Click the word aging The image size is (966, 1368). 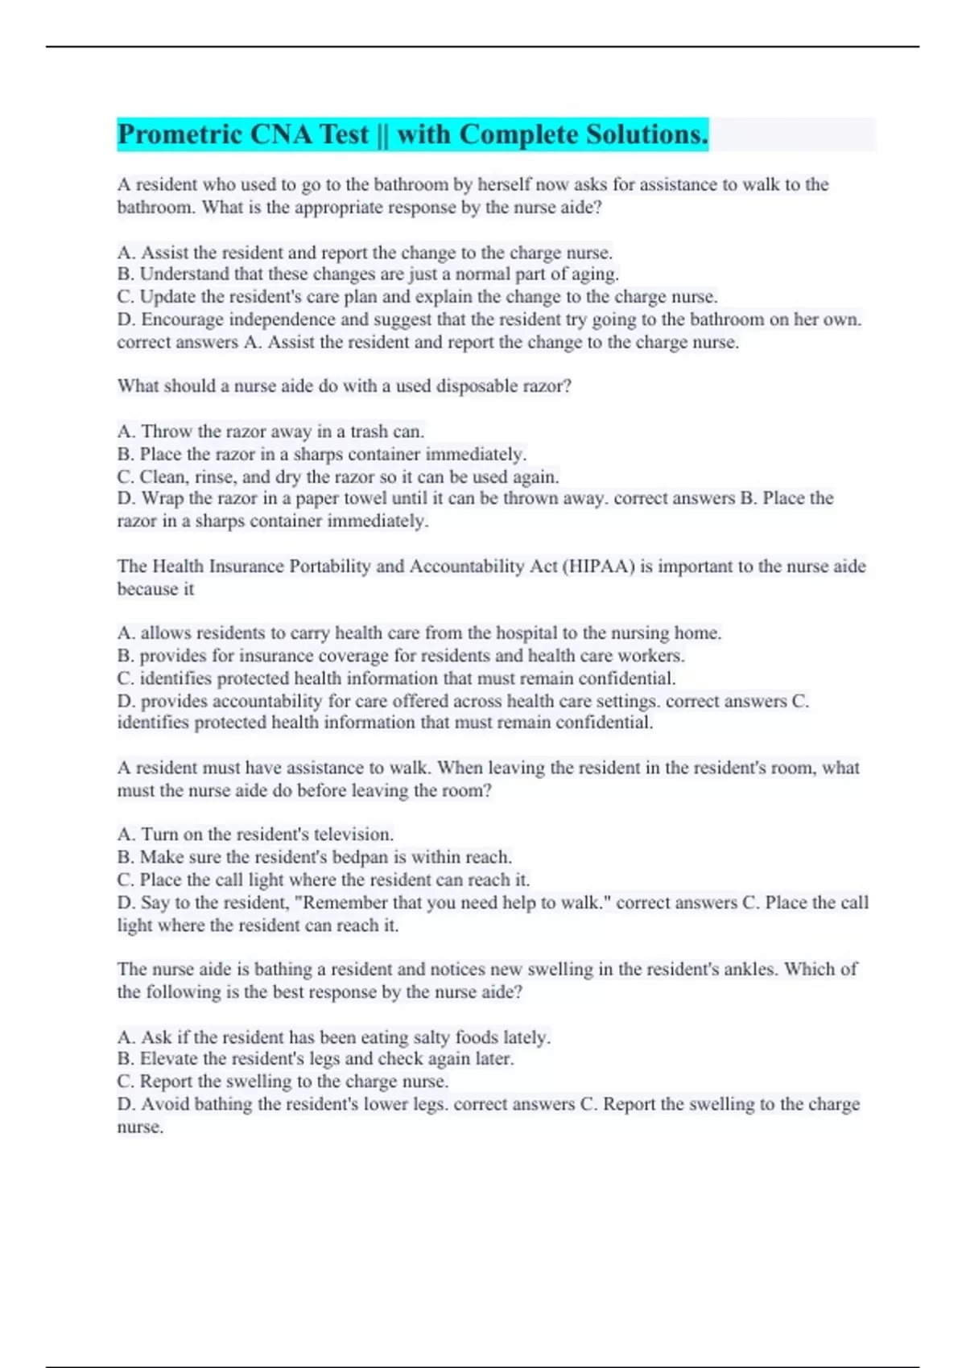595,274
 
